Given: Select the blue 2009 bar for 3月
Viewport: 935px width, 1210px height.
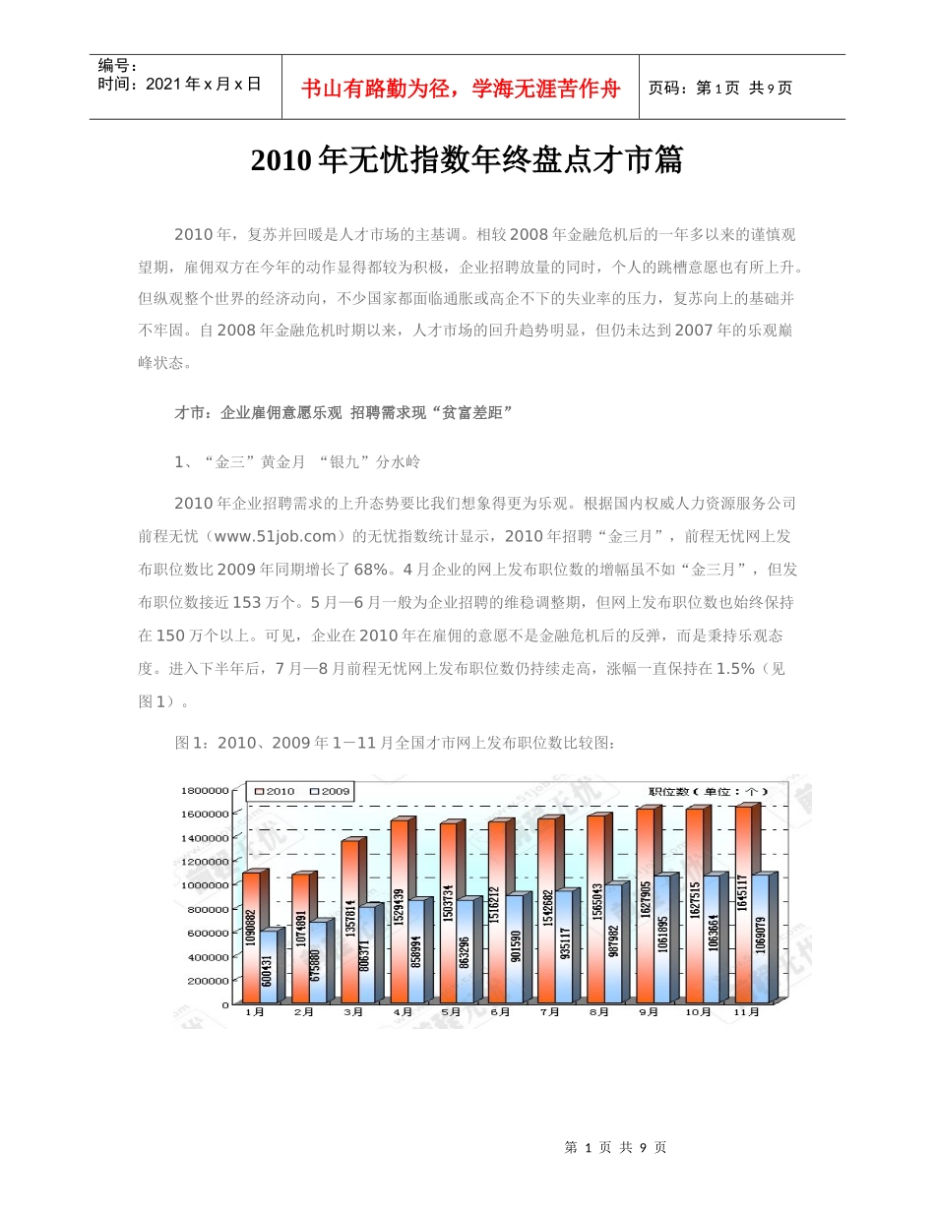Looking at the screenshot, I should tap(365, 955).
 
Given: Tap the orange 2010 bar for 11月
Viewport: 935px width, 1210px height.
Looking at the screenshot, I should tap(743, 905).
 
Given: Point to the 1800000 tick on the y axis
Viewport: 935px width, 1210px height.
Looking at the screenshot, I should tap(207, 790).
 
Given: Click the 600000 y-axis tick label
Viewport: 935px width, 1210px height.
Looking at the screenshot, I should tap(209, 933).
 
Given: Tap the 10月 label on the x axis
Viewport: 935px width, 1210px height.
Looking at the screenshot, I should tap(697, 1011).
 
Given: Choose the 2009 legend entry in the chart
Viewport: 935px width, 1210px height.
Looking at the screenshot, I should tap(331, 791).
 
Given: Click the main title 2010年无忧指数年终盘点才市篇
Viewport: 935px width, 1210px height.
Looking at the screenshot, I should tap(467, 160).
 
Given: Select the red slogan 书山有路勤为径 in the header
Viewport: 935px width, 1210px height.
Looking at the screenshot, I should tap(461, 89).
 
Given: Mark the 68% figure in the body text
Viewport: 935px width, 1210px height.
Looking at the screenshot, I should tap(370, 570).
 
